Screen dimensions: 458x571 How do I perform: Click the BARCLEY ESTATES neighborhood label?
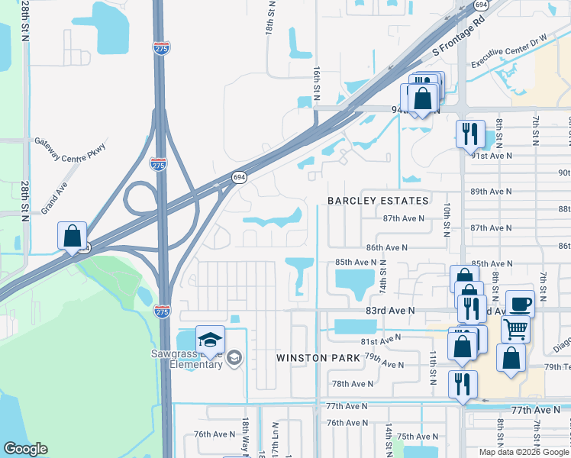pyautogui.click(x=378, y=201)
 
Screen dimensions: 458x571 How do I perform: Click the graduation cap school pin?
pyautogui.click(x=210, y=340)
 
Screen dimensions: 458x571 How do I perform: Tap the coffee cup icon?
pyautogui.click(x=520, y=304)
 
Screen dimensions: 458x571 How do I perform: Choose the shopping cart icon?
pyautogui.click(x=516, y=330)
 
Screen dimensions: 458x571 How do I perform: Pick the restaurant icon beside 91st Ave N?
pyautogui.click(x=470, y=134)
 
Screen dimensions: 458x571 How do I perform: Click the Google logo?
pyautogui.click(x=25, y=449)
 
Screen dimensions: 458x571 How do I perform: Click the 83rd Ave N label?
pyautogui.click(x=389, y=311)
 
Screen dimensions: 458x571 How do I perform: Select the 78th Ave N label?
pyautogui.click(x=352, y=384)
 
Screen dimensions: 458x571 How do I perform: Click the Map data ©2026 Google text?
pyautogui.click(x=524, y=452)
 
